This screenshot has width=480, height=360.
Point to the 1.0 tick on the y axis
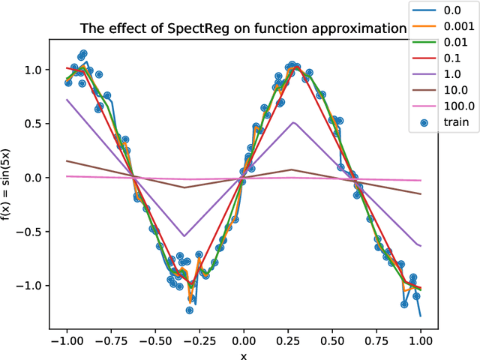click(x=34, y=70)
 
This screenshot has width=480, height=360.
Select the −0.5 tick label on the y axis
click(x=30, y=232)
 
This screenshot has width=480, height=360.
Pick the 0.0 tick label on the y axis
click(x=34, y=178)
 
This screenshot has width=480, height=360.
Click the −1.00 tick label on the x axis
click(x=67, y=338)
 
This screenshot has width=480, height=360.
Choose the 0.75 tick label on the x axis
click(x=376, y=338)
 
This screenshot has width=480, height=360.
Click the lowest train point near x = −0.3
click(x=190, y=310)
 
